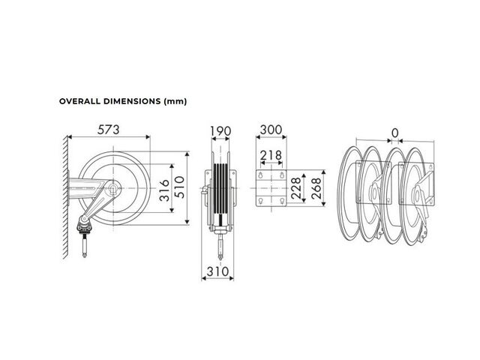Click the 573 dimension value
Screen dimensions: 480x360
(108, 130)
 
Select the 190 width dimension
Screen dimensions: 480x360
(220, 131)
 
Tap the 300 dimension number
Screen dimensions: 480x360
(271, 130)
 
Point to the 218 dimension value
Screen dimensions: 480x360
(271, 155)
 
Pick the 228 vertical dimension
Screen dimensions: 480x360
(296, 188)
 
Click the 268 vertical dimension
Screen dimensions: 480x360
(316, 188)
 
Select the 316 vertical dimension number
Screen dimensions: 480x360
(164, 190)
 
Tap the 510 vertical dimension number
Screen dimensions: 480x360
(180, 187)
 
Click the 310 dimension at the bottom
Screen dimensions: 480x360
(217, 271)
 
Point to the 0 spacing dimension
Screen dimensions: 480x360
(395, 133)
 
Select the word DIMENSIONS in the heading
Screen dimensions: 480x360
(132, 101)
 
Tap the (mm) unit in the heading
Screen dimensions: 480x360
(175, 102)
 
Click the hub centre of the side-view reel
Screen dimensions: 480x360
(113, 188)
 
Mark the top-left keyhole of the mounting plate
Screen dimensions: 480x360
(260, 175)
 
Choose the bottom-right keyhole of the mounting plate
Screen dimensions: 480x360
(282, 201)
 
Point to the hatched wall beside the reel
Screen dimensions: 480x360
(65, 196)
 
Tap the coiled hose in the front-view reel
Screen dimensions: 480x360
(220, 190)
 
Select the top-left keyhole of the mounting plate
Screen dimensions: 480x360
(260, 175)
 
